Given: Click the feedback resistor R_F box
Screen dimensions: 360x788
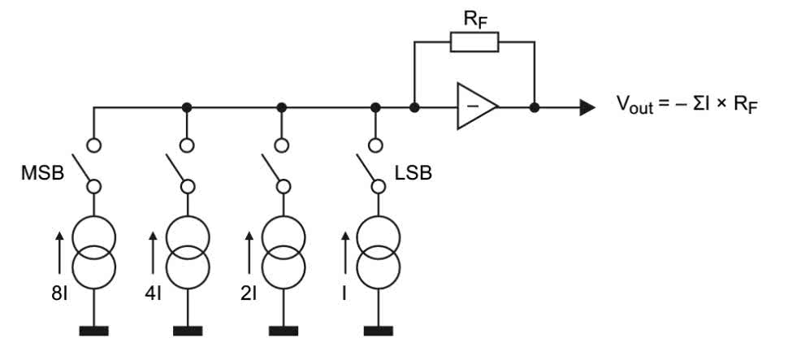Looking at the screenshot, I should click(x=474, y=41).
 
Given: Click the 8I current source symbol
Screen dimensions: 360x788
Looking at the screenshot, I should click(x=93, y=250).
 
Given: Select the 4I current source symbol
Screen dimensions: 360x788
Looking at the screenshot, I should click(x=188, y=250).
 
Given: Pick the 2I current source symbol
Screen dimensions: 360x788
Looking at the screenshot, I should click(x=282, y=250).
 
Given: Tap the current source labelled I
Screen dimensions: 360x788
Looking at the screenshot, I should click(x=375, y=250).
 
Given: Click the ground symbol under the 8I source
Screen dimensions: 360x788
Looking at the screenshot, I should click(x=93, y=330).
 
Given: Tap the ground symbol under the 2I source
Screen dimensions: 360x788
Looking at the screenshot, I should click(x=282, y=330).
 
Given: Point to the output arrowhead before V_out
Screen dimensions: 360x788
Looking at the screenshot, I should click(x=587, y=106).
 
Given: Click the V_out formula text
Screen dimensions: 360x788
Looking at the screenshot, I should click(x=687, y=106).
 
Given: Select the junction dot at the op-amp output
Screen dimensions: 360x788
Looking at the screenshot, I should click(x=535, y=106).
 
